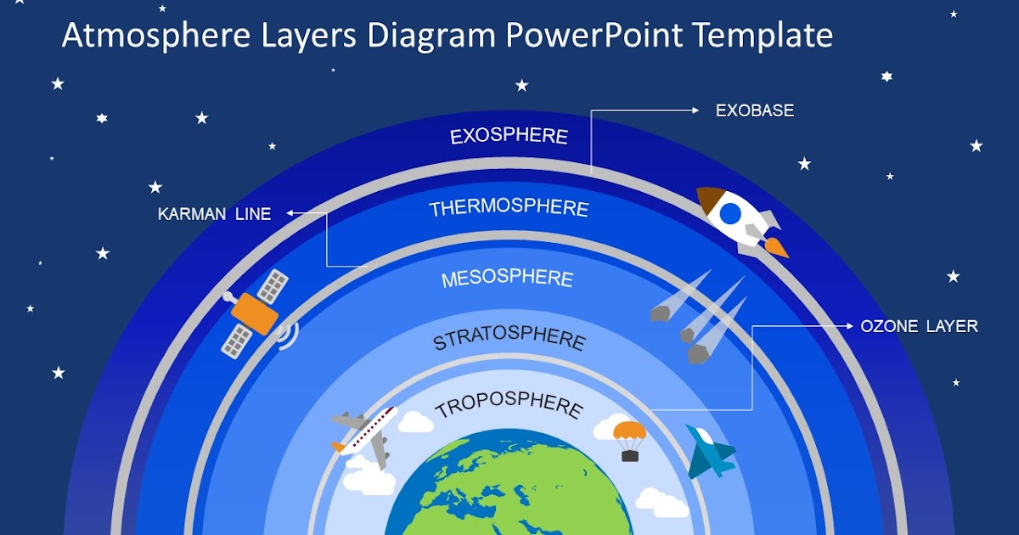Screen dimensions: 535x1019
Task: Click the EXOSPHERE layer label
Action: click(509, 136)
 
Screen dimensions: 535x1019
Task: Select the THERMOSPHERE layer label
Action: click(509, 208)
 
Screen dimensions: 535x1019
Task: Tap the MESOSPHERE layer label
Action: click(507, 279)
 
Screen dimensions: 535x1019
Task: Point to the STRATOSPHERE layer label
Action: click(509, 340)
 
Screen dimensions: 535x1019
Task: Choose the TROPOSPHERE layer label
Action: click(509, 406)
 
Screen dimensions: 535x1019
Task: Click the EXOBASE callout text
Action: click(754, 110)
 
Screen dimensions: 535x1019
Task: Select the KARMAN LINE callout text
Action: click(214, 214)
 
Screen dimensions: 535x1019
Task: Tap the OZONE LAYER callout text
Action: click(919, 326)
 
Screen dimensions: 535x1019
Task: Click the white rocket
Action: click(737, 217)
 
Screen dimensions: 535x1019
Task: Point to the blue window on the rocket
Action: click(730, 214)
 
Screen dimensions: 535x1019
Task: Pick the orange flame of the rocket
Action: click(776, 248)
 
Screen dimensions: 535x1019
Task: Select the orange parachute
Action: click(629, 431)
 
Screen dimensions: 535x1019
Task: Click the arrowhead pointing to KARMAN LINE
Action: click(289, 214)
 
